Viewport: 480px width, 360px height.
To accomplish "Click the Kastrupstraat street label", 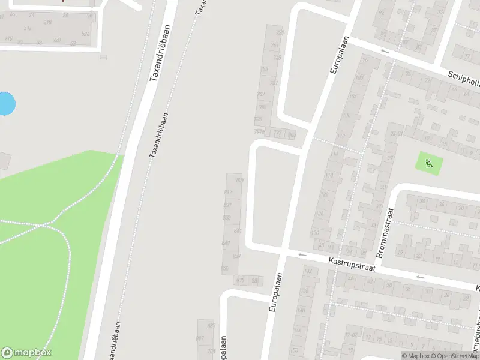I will (x=351, y=265).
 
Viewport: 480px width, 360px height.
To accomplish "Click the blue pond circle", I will (x=5, y=104).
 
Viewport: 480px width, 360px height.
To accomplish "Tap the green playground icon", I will (x=428, y=162).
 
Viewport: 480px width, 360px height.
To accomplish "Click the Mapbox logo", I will (x=26, y=353).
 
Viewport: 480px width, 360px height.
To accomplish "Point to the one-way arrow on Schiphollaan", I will (x=385, y=52).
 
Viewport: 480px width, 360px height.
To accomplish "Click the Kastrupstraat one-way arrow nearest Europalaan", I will (x=302, y=255).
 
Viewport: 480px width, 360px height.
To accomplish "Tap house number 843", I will (x=238, y=230).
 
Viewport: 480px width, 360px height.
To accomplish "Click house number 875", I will (x=241, y=280).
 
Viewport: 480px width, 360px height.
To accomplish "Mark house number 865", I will (x=225, y=268).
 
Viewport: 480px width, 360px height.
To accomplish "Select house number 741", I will (x=275, y=45).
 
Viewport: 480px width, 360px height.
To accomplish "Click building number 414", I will (x=28, y=28).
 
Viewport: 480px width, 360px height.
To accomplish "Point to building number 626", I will (x=85, y=34).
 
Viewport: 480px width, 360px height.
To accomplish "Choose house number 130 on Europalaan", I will (x=314, y=233).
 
